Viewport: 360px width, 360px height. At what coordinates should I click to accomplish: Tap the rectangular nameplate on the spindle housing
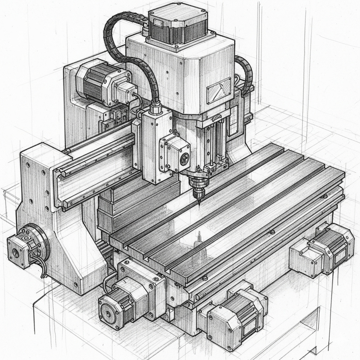(219, 90)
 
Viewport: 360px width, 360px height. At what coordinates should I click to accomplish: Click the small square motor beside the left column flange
(18, 250)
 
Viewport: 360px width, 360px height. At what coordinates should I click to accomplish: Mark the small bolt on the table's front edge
(272, 232)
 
